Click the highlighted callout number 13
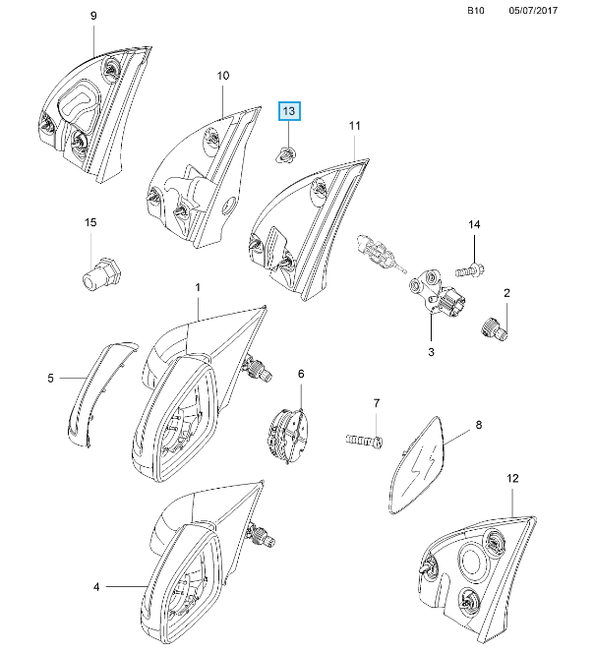point(289,111)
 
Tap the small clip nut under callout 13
point(286,155)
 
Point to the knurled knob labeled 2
point(494,329)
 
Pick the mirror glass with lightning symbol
point(417,465)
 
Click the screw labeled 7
point(365,441)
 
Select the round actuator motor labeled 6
point(288,435)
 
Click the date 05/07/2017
point(533,11)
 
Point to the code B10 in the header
point(476,11)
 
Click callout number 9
point(93,16)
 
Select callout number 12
point(512,478)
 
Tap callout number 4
point(96,587)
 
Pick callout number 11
point(354,125)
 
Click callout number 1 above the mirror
point(198,287)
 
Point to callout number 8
point(479,425)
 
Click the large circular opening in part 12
point(473,562)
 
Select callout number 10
point(223,76)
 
